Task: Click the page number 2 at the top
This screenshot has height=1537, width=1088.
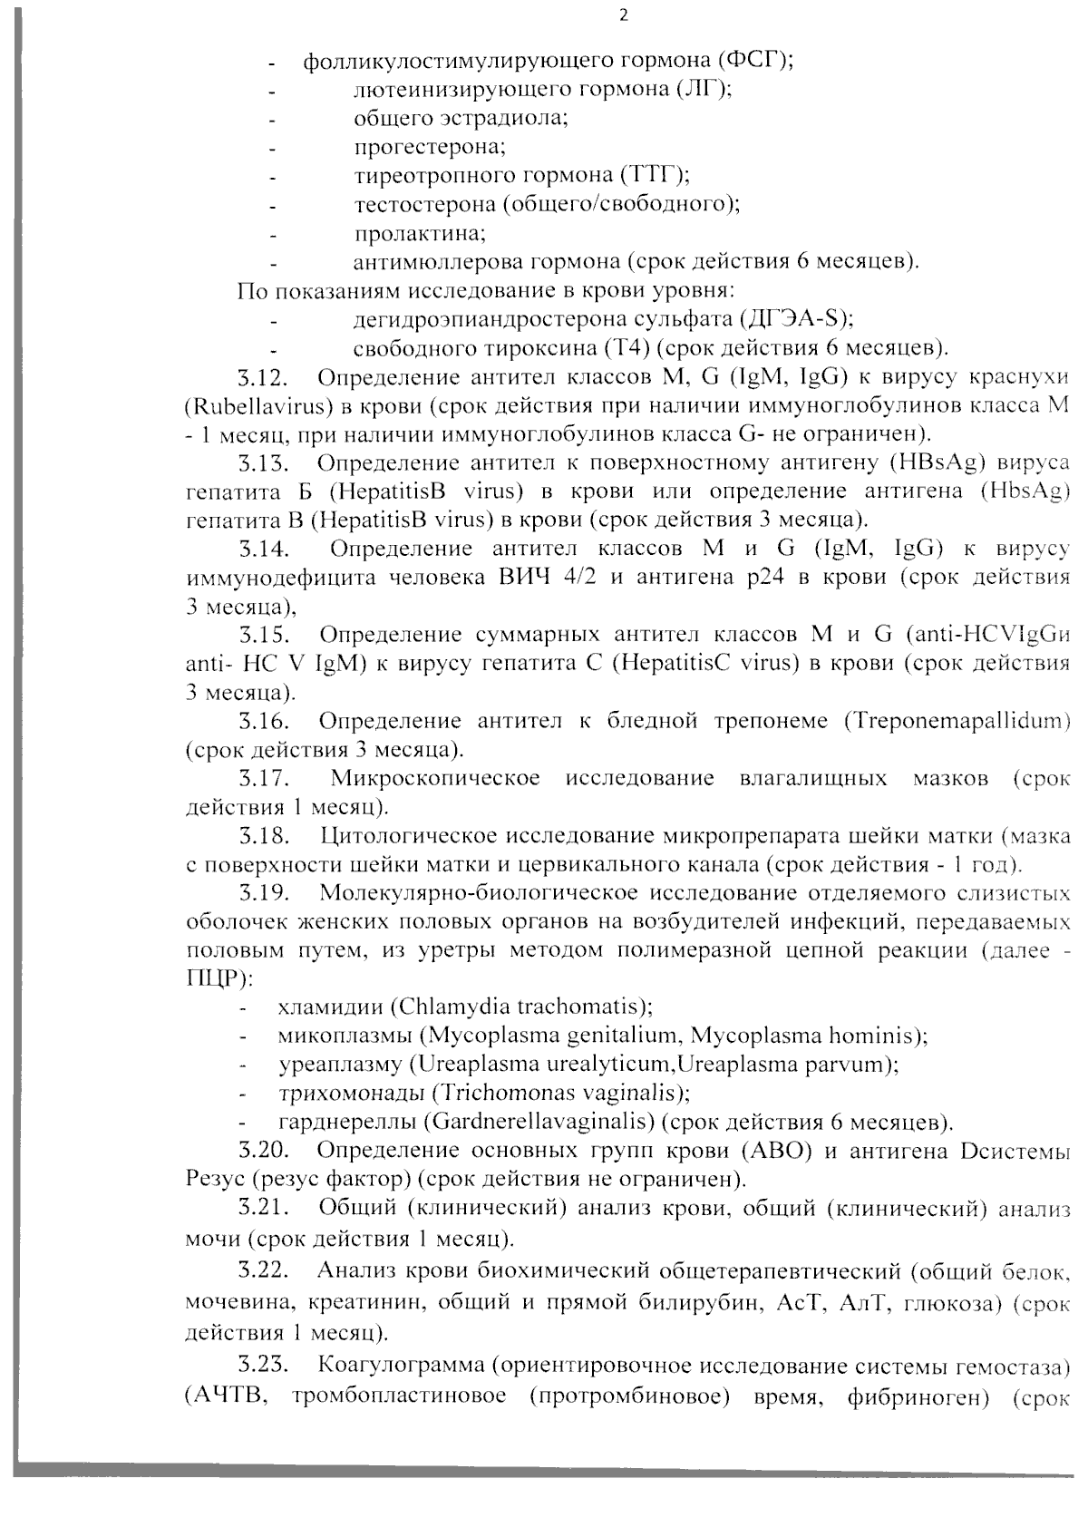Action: point(622,16)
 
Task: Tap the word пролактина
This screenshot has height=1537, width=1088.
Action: point(420,233)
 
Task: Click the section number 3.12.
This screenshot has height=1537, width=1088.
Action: point(264,377)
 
